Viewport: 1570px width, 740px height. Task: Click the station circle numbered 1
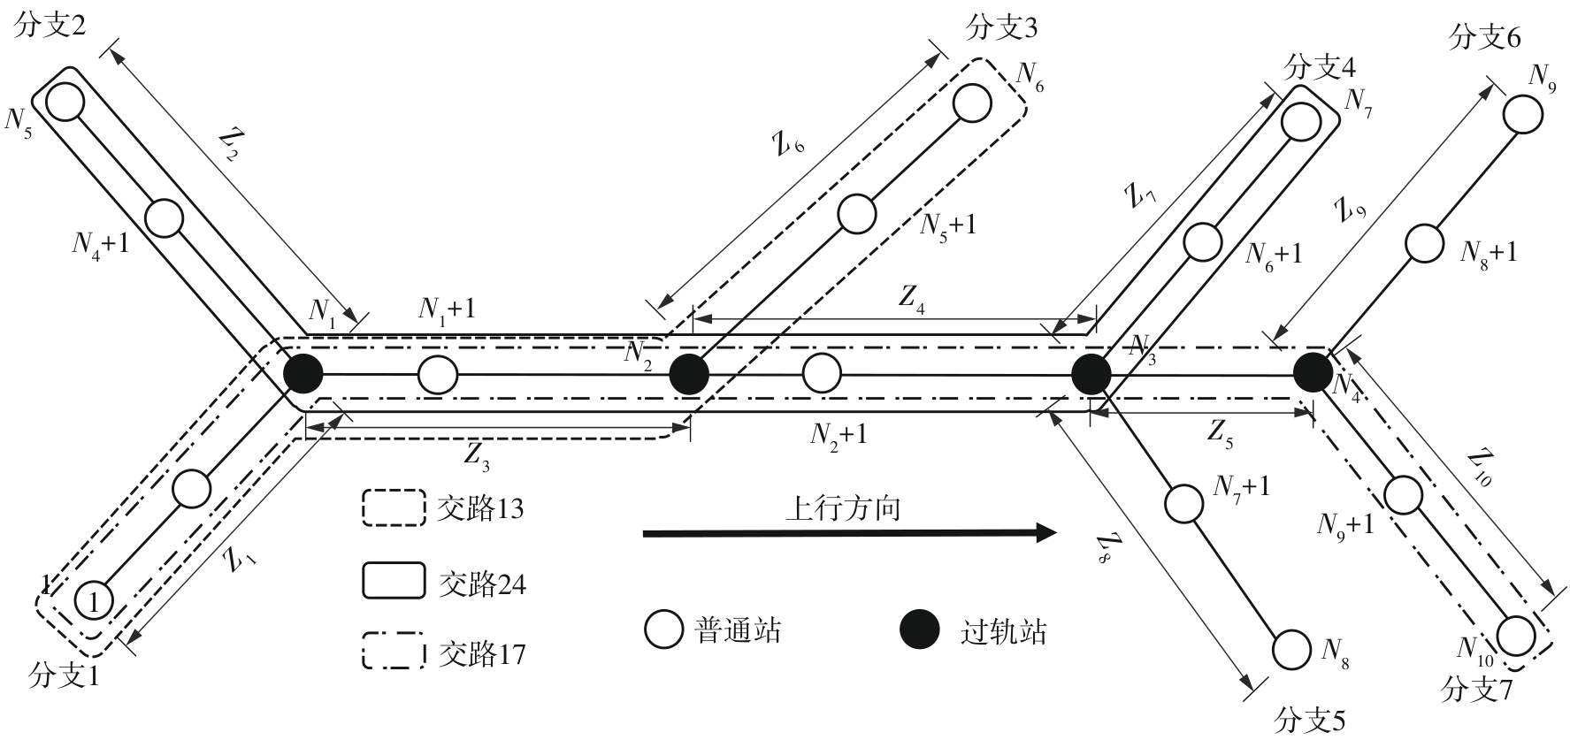point(94,601)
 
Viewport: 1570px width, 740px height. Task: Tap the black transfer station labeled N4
point(1313,372)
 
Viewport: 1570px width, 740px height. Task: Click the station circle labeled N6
point(972,102)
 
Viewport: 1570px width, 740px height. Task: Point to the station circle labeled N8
point(1291,650)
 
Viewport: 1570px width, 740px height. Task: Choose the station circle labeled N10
point(1516,635)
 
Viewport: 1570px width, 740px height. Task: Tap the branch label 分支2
point(50,27)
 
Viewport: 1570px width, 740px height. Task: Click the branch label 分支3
point(1002,28)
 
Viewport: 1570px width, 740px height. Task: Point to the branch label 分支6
point(1485,38)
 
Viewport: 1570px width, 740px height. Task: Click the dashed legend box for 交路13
point(393,507)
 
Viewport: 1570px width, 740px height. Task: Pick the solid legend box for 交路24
point(393,582)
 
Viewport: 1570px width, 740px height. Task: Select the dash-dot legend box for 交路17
point(393,653)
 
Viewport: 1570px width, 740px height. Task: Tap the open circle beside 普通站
point(663,629)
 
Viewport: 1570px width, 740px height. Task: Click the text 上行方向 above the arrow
point(843,508)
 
